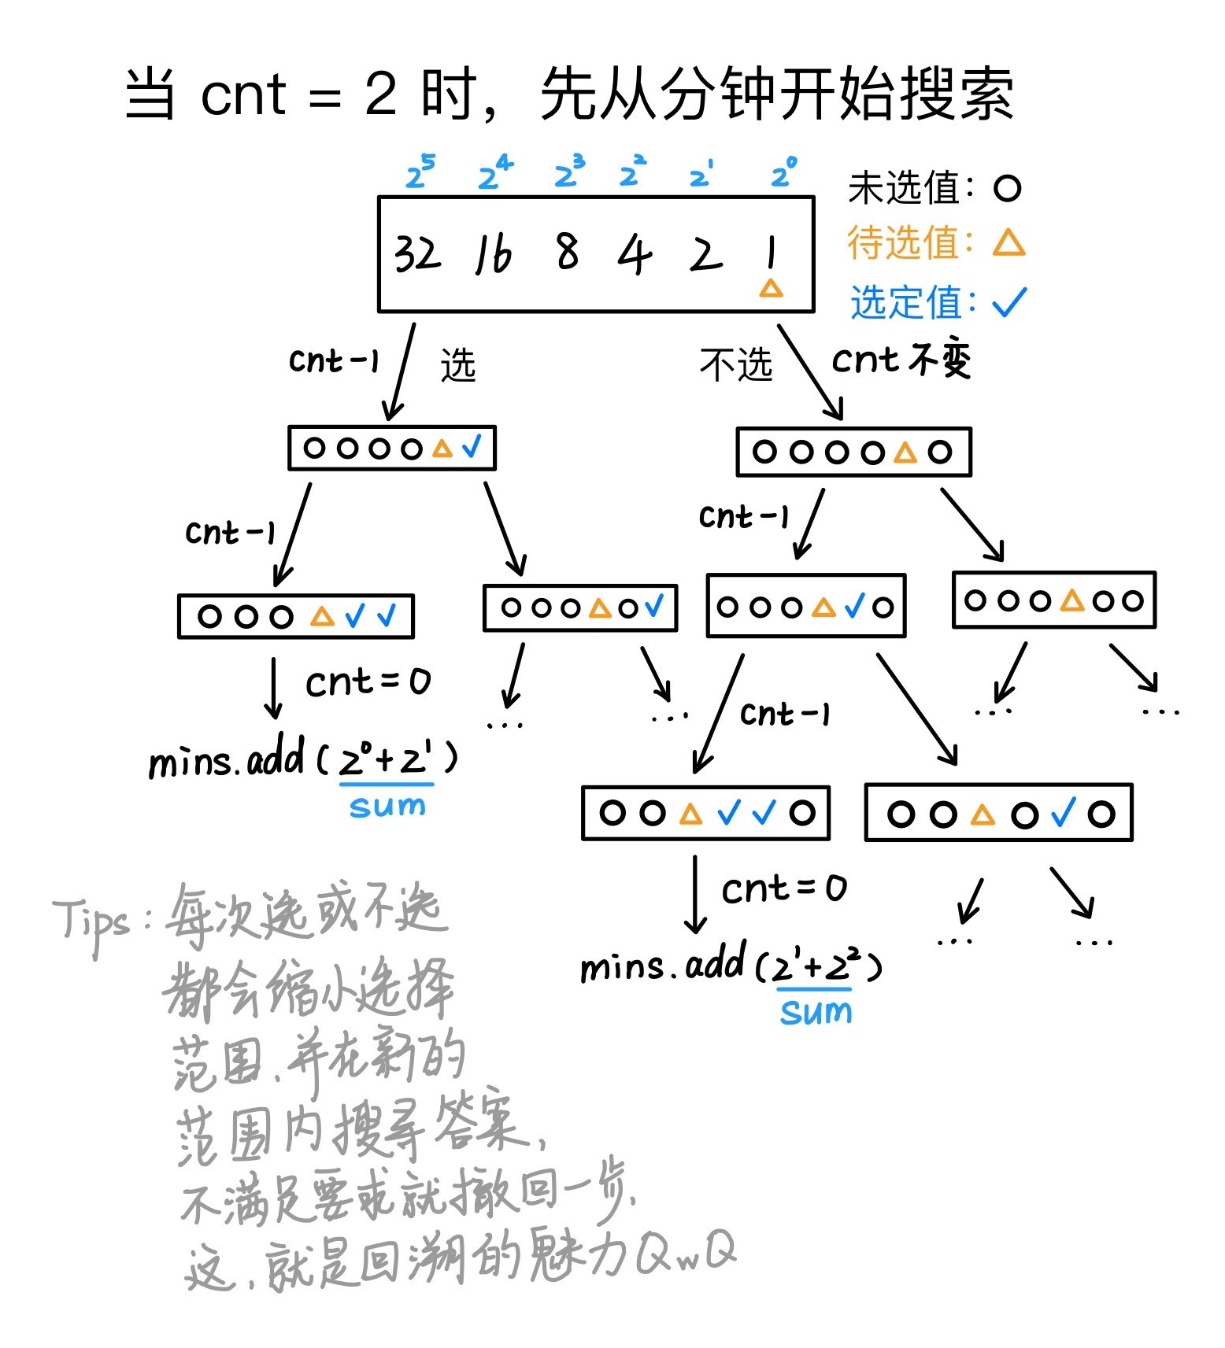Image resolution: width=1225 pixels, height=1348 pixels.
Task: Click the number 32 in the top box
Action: [x=416, y=253]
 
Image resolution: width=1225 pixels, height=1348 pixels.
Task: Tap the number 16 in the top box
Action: [x=494, y=255]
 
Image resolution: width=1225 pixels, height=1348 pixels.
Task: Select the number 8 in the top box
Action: [x=567, y=252]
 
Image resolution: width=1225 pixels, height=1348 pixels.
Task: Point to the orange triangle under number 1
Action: [x=771, y=288]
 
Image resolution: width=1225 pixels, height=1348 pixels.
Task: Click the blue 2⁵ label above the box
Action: [x=420, y=172]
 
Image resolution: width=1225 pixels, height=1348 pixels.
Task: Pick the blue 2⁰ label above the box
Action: [x=783, y=172]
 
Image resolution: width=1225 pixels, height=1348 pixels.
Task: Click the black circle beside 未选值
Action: [x=1007, y=188]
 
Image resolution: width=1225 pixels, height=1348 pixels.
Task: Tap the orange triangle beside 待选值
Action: [x=1008, y=243]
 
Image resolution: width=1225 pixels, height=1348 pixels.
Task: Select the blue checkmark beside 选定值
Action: [x=1009, y=302]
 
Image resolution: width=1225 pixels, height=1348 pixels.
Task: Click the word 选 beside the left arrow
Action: [x=458, y=365]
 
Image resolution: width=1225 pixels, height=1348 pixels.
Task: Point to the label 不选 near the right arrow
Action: [x=735, y=365]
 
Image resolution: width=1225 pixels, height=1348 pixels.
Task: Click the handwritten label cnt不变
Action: [x=901, y=360]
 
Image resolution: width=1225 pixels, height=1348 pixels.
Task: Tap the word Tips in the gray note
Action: [x=91, y=921]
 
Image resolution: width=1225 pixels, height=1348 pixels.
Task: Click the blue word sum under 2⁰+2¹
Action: [x=387, y=806]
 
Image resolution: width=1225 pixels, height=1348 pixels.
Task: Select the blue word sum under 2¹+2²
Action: [x=816, y=1012]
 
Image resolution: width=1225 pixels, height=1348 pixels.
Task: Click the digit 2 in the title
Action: [x=381, y=94]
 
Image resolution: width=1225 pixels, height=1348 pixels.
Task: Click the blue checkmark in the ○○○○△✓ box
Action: [x=472, y=448]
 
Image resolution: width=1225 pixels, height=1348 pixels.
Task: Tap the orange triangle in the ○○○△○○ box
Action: [x=1071, y=600]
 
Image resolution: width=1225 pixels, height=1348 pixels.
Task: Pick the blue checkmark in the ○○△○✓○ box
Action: [x=1064, y=813]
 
